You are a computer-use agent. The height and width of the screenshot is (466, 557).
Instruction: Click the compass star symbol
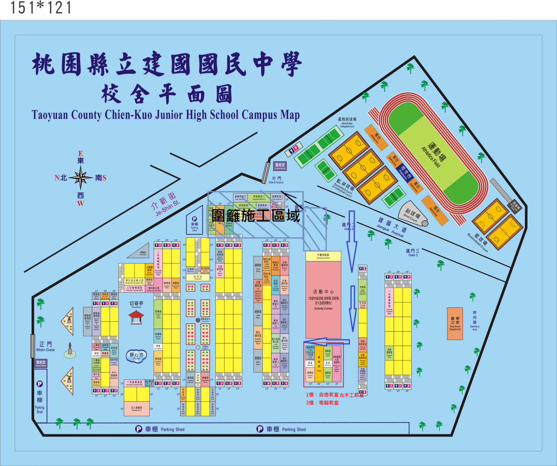click(x=80, y=178)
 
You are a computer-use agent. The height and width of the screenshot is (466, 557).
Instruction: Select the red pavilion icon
click(x=136, y=316)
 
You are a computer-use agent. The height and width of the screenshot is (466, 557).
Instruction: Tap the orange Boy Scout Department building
click(x=455, y=324)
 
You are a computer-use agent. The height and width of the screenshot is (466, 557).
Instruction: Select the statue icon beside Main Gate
click(x=70, y=350)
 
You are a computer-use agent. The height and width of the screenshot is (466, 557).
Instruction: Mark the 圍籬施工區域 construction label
click(x=256, y=215)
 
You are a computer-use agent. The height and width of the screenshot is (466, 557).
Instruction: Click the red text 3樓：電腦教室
click(x=322, y=403)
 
